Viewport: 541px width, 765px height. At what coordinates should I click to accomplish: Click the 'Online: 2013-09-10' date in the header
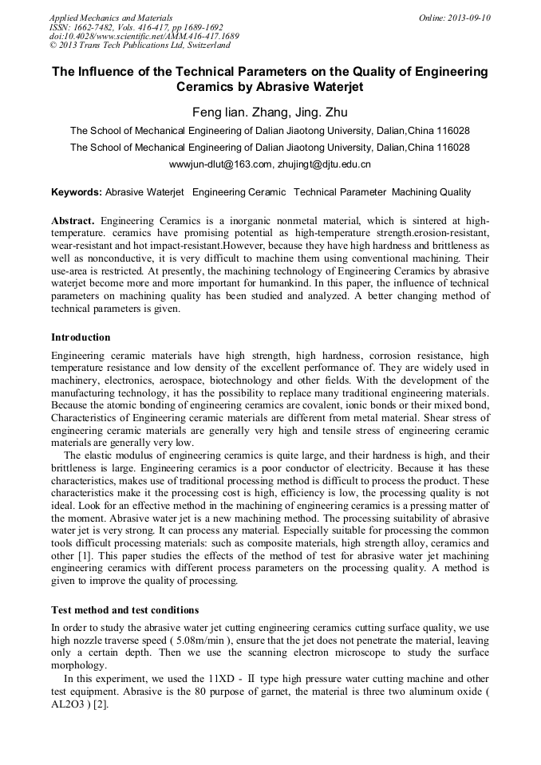pyautogui.click(x=454, y=18)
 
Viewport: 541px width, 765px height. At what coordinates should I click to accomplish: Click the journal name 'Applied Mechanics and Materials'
pyautogui.click(x=111, y=18)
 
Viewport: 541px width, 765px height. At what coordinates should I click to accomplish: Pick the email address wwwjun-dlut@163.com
pyautogui.click(x=221, y=165)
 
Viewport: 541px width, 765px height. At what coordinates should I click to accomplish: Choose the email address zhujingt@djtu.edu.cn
pyautogui.click(x=324, y=165)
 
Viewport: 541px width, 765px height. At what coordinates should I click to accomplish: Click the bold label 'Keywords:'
pyautogui.click(x=77, y=192)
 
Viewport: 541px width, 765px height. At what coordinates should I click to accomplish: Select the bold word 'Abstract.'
pyautogui.click(x=73, y=220)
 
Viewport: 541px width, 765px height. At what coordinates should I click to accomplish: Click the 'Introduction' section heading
pyautogui.click(x=81, y=337)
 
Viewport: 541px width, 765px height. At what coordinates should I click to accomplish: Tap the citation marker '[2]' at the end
pyautogui.click(x=101, y=706)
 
